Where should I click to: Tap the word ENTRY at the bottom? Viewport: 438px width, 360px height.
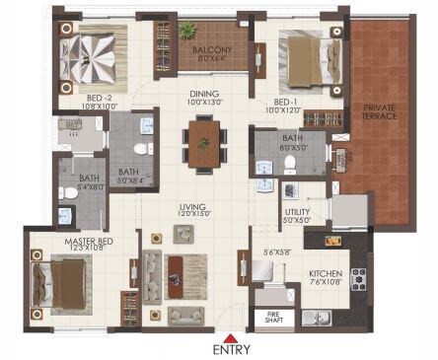pyautogui.click(x=231, y=349)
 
